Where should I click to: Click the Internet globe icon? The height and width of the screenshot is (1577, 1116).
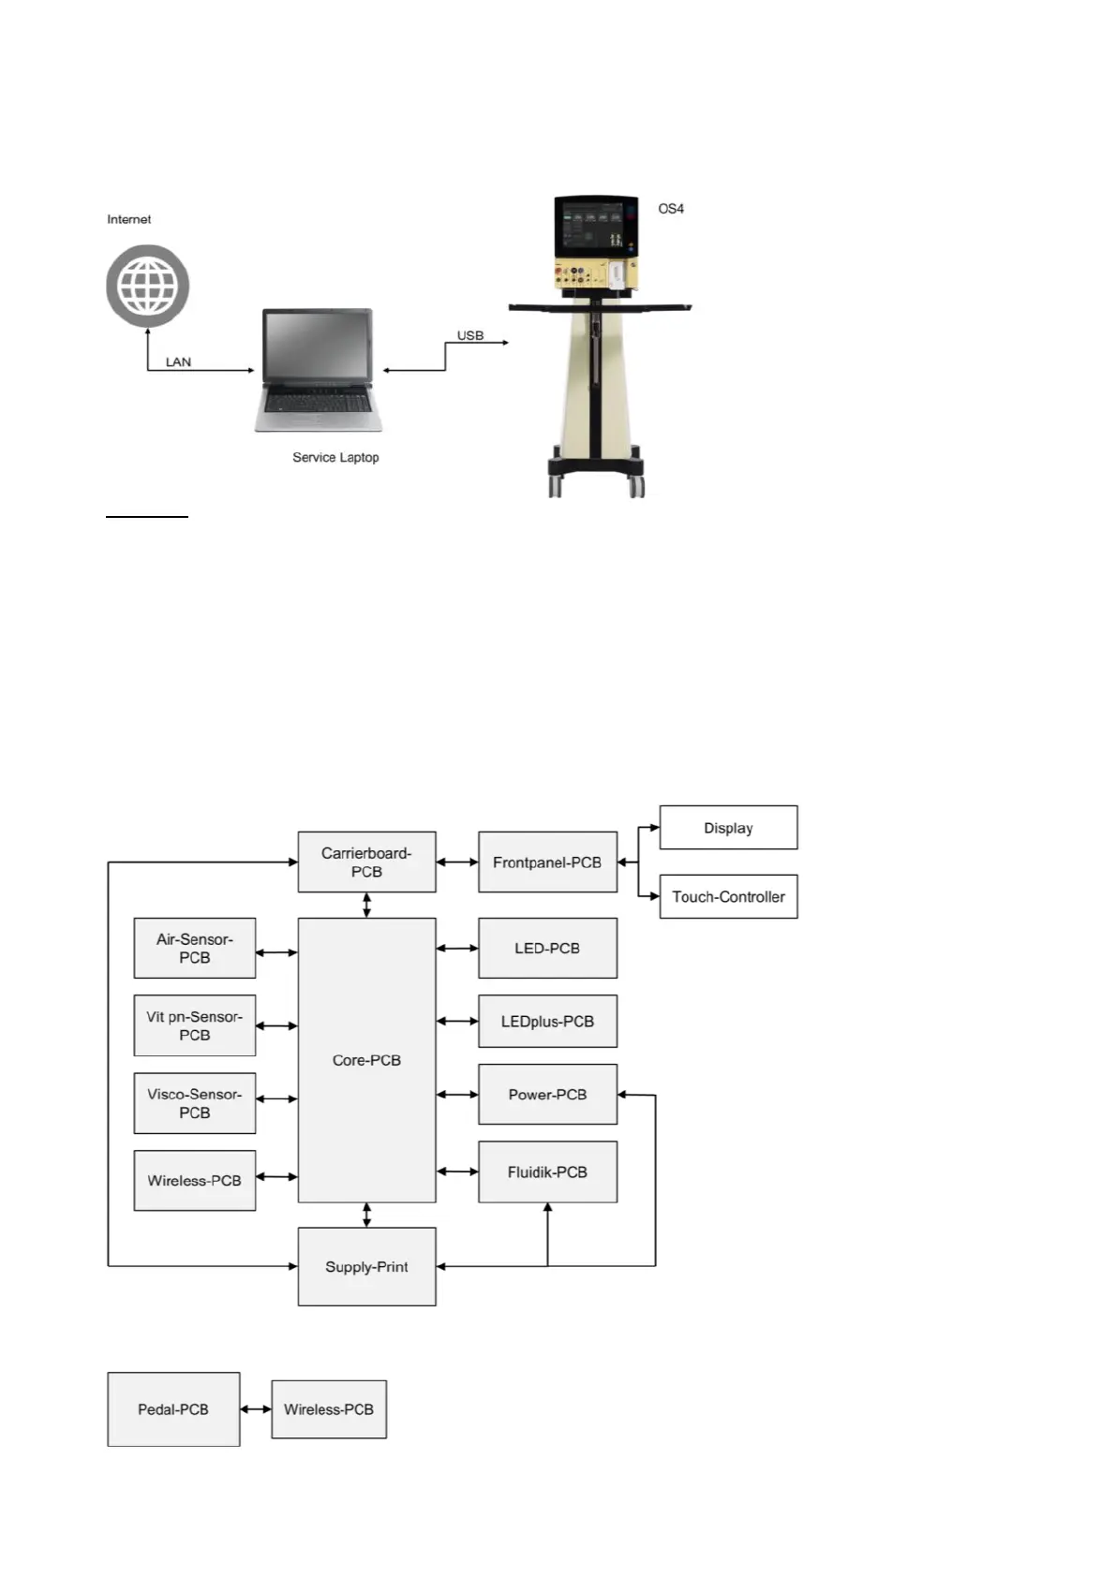[147, 286]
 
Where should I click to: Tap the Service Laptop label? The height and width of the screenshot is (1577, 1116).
[335, 457]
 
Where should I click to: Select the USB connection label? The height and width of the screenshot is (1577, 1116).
[469, 335]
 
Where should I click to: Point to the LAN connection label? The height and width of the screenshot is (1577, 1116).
[178, 361]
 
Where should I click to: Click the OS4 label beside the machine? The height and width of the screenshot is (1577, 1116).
[671, 209]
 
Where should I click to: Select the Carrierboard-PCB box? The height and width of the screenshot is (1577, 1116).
[366, 862]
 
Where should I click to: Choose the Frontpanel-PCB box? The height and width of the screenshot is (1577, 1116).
[547, 862]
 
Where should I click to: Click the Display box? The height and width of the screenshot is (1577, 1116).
[728, 828]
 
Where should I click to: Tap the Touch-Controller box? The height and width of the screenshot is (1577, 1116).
[728, 896]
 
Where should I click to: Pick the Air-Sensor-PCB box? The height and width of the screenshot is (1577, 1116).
[194, 948]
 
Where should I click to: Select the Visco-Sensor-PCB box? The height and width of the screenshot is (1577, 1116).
[194, 1103]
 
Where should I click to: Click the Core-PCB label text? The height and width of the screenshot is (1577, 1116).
[366, 1060]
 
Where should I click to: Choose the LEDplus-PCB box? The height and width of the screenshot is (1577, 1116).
[547, 1021]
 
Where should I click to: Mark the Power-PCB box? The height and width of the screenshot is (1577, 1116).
[547, 1094]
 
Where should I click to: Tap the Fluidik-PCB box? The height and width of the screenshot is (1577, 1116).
[547, 1172]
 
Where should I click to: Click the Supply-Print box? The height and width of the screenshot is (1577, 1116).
[366, 1266]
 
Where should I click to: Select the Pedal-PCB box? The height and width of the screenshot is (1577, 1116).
[173, 1409]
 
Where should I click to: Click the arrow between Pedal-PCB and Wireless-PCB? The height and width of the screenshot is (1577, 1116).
[256, 1409]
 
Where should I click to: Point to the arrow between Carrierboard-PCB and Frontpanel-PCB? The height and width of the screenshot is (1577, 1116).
[457, 862]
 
